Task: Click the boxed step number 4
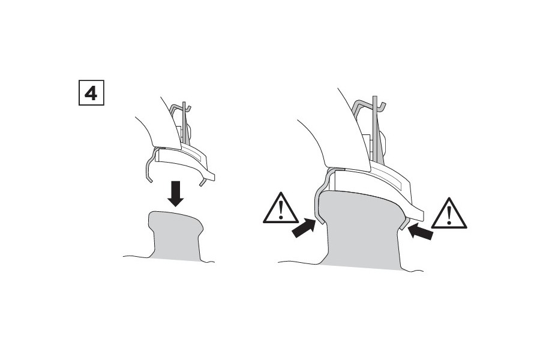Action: [91, 92]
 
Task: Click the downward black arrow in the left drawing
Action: [176, 194]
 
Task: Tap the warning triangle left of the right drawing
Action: [281, 209]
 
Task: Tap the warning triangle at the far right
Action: [449, 214]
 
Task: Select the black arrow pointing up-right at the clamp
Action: [304, 228]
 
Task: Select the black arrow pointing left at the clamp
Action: [420, 231]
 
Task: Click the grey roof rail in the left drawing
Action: [176, 234]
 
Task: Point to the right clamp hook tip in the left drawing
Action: [203, 182]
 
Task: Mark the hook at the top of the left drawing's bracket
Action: [181, 107]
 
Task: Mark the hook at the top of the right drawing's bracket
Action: [370, 103]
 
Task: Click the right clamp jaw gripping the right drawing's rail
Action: [404, 223]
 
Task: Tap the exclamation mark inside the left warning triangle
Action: [281, 209]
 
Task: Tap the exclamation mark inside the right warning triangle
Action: [449, 215]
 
